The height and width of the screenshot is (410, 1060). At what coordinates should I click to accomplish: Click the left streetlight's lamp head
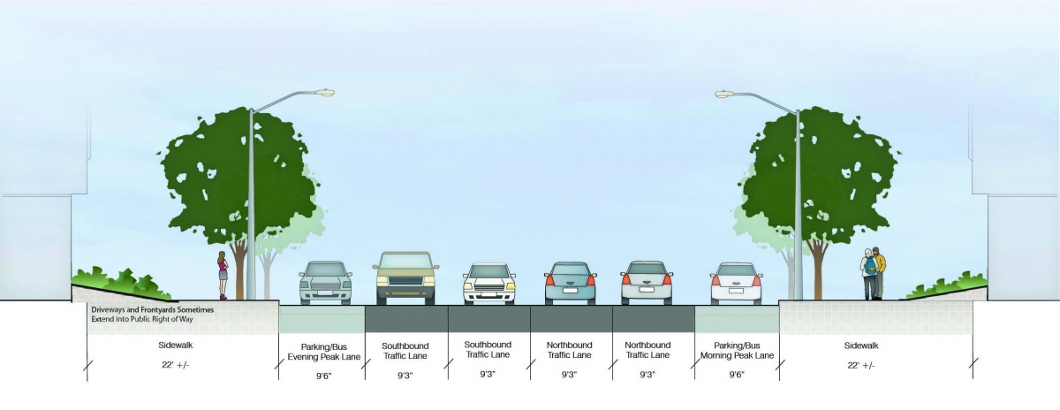coord(323,92)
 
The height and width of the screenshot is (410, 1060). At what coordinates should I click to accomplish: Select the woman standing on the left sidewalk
coord(223,275)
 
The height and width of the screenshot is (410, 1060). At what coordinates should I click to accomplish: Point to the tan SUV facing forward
coord(405,277)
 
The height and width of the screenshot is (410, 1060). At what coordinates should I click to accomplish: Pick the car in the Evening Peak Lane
coord(325,282)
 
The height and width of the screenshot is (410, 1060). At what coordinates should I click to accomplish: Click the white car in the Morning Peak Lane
coord(736,283)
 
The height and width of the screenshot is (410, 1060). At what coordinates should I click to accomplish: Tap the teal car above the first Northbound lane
coord(570,283)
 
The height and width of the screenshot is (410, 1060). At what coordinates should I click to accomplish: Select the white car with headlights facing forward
coord(488,284)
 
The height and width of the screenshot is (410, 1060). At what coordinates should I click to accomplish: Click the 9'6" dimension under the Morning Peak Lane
coord(736,375)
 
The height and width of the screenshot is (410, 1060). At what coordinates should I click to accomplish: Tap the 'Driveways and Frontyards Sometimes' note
coord(152,310)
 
